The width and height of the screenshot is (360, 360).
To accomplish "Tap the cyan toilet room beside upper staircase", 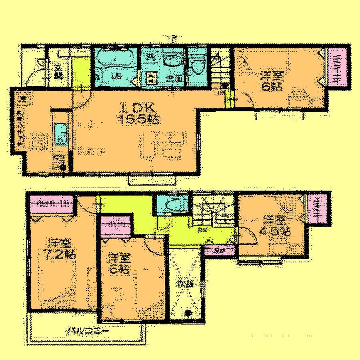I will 172,205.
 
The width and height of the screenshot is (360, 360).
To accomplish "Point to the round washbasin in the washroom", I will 173,61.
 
